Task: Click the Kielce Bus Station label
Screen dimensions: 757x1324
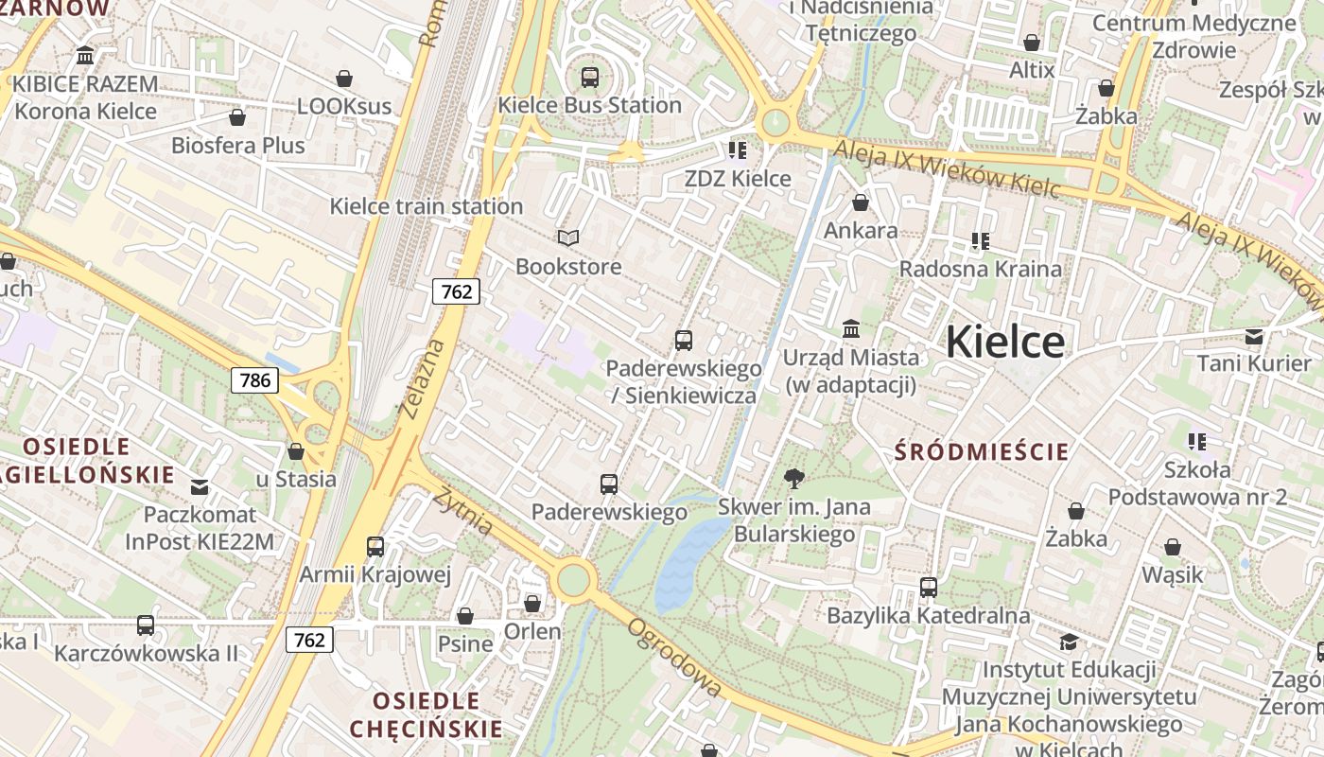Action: coord(589,105)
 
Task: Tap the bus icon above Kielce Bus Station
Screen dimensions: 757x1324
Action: coord(590,78)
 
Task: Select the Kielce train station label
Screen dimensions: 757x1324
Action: coord(426,206)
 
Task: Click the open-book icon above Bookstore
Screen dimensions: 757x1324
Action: coord(567,238)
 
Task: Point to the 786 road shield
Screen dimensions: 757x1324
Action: coord(255,380)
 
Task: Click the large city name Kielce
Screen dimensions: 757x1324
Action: coord(1005,341)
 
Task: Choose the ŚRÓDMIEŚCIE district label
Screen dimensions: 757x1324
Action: coord(982,451)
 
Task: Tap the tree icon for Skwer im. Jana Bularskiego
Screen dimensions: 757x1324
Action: coord(794,479)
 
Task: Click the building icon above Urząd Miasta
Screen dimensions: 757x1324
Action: coord(851,329)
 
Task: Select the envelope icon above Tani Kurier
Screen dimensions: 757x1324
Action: coord(1254,337)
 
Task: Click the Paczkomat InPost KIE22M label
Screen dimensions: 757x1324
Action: coord(200,528)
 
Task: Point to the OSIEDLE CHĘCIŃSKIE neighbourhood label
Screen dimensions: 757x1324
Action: coord(426,714)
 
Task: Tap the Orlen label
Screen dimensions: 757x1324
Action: coord(532,631)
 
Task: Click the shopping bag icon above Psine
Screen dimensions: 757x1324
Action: coord(465,617)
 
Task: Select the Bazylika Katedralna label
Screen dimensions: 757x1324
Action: coord(928,616)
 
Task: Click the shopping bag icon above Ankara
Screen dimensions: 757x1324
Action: coord(861,202)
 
